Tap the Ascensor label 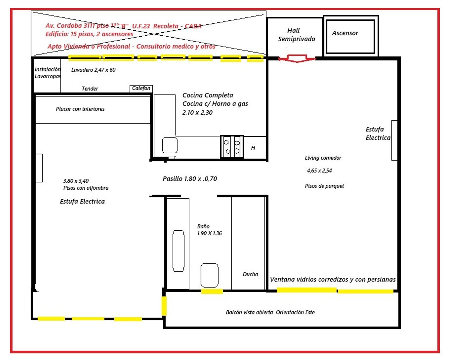(x=345, y=33)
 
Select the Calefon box (x=141, y=88)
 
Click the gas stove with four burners (x=232, y=147)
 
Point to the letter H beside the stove (x=253, y=148)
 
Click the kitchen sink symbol (x=170, y=145)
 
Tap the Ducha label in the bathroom (x=250, y=274)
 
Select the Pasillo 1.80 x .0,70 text (x=190, y=179)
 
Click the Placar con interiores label (x=80, y=109)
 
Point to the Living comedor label (x=323, y=158)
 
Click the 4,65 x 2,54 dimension (x=319, y=171)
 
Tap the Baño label (x=203, y=226)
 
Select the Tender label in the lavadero (x=90, y=88)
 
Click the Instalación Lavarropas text (x=48, y=73)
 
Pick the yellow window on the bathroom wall (x=212, y=292)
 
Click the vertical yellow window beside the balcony (x=164, y=306)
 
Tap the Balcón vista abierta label (x=249, y=312)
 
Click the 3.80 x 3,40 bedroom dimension (x=76, y=181)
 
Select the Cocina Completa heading (x=208, y=95)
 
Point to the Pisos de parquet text (x=324, y=186)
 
